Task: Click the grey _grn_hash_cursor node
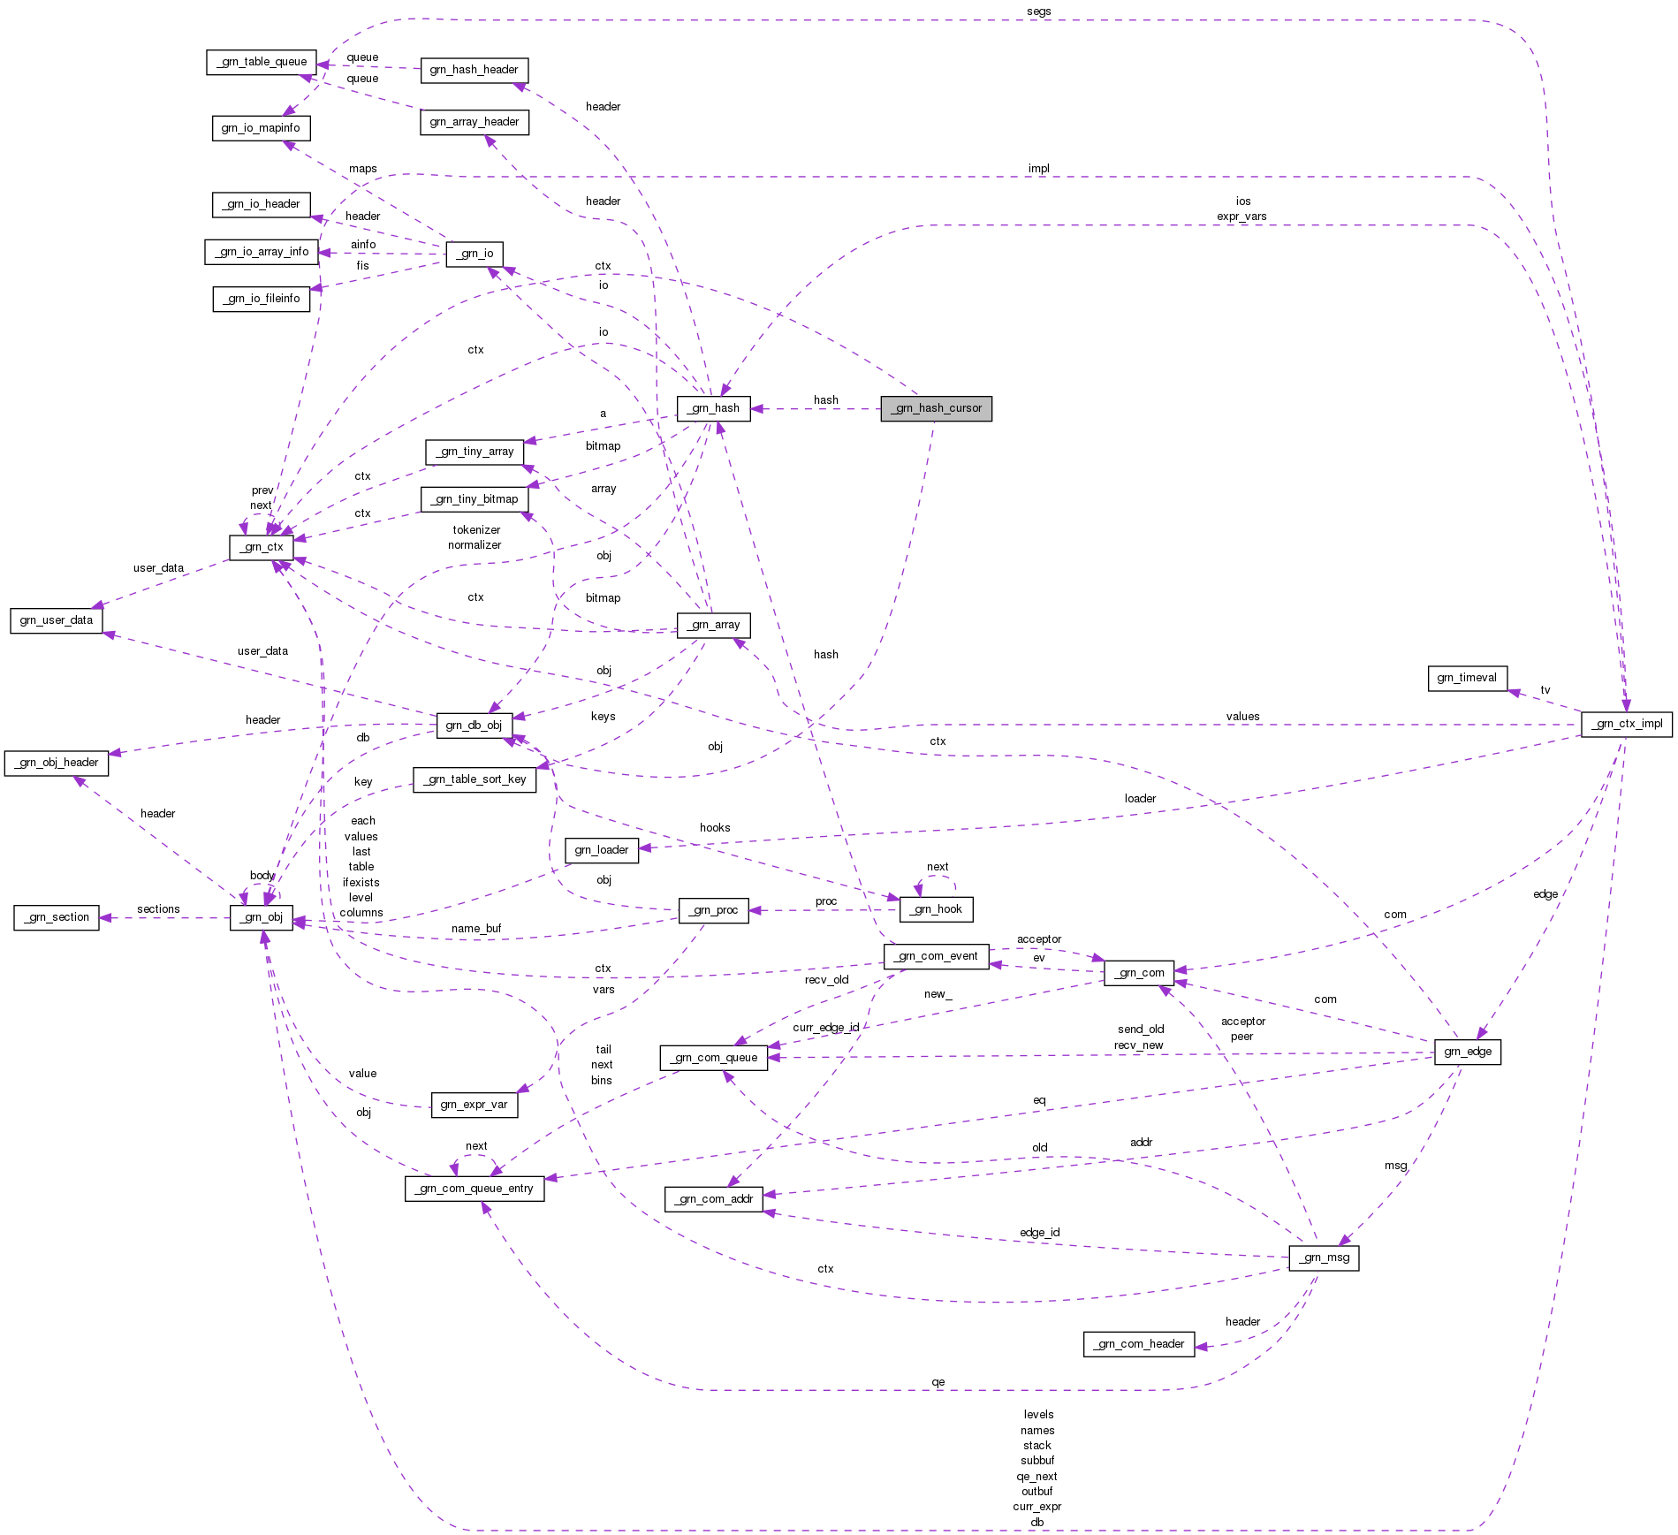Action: pos(936,408)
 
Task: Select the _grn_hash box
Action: pos(713,408)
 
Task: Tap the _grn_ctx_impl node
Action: pos(1626,724)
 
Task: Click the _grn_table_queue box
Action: pos(262,62)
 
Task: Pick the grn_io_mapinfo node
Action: pos(261,128)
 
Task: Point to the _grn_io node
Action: pos(475,254)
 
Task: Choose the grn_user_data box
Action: pos(56,620)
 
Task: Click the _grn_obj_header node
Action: pos(57,763)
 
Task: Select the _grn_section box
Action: pos(57,917)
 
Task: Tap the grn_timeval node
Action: pos(1467,678)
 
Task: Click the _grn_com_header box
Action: pos(1139,1344)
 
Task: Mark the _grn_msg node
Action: pos(1324,1258)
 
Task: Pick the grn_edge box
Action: pos(1468,1052)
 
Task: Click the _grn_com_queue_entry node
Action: pos(475,1189)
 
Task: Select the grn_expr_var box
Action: pos(474,1105)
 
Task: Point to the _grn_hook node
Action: pos(936,909)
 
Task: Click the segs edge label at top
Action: pos(1039,11)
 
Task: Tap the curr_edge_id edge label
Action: pos(825,1028)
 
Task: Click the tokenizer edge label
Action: pos(476,530)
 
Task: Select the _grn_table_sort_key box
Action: pos(475,779)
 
